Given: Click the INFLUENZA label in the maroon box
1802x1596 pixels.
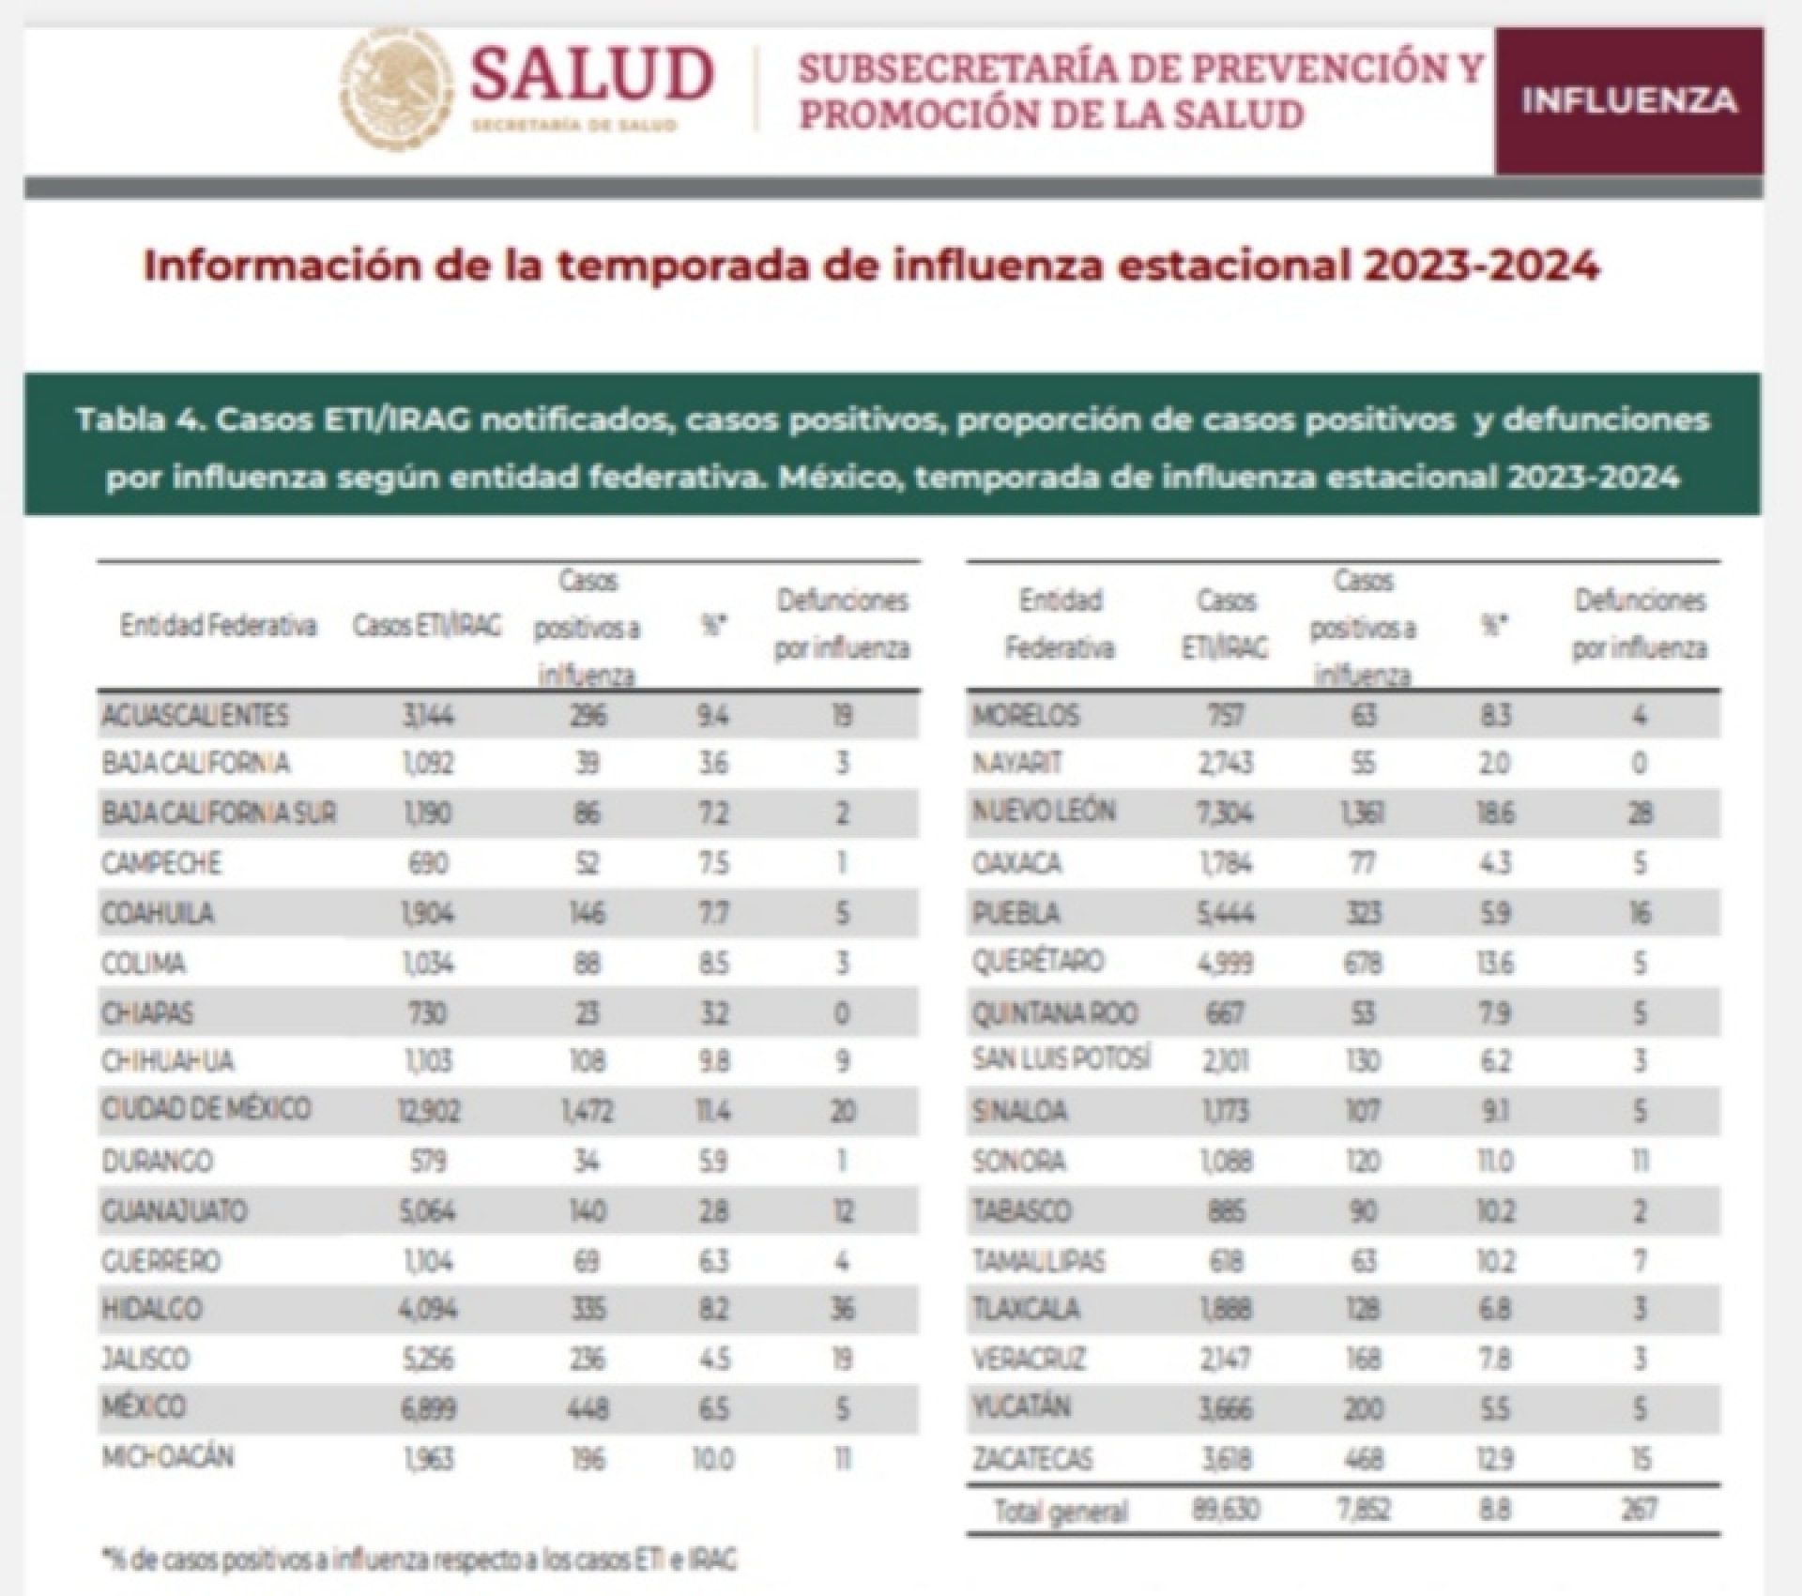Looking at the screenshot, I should [x=1628, y=100].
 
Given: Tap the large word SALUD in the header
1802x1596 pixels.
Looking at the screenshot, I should [x=591, y=75].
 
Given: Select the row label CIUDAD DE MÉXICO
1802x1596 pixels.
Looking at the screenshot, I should [x=206, y=1109].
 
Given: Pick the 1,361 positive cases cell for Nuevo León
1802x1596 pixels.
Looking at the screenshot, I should [x=1363, y=813].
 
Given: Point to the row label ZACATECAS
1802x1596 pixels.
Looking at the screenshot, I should [x=1032, y=1459].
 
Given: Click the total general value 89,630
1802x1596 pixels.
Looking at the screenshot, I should [x=1225, y=1510].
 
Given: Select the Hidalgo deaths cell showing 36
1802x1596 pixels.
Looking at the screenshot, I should [x=842, y=1310].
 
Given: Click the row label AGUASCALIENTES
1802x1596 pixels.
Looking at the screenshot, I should [x=194, y=716].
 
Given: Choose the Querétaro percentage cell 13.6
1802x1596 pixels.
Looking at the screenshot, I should [x=1494, y=963].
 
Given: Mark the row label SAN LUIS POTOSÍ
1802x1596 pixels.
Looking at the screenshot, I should [x=1061, y=1060].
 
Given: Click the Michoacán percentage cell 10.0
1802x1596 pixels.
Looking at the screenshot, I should [x=713, y=1459].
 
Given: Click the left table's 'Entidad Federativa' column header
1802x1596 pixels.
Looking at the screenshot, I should [x=218, y=626].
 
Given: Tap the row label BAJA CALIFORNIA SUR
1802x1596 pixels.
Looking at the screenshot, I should [x=219, y=813].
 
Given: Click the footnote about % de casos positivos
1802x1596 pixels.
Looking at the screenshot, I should [x=419, y=1559].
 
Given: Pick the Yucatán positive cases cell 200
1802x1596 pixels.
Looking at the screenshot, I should [x=1363, y=1409].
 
